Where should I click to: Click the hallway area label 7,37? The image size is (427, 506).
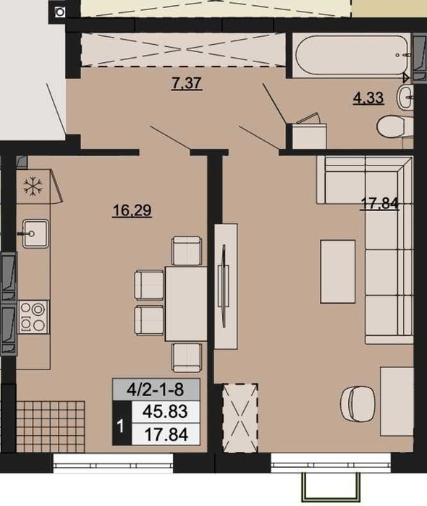(187, 84)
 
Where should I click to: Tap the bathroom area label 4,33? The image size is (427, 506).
(368, 98)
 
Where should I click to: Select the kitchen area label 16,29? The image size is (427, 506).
(132, 211)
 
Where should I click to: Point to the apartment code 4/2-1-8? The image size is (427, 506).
(156, 390)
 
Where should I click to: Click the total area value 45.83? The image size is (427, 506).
(165, 411)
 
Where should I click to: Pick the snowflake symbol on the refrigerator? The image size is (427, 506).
(33, 186)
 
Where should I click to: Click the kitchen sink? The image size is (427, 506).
(35, 233)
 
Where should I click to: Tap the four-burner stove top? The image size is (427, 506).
(33, 317)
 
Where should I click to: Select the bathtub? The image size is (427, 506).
(351, 56)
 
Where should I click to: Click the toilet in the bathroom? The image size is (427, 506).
(394, 127)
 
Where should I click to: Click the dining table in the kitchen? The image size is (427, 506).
(186, 304)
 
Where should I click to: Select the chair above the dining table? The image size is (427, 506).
(187, 251)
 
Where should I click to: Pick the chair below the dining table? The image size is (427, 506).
(187, 357)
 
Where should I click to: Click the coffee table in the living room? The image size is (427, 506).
(337, 271)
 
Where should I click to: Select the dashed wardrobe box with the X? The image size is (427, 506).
(240, 418)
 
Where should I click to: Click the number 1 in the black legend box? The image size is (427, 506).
(121, 426)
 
